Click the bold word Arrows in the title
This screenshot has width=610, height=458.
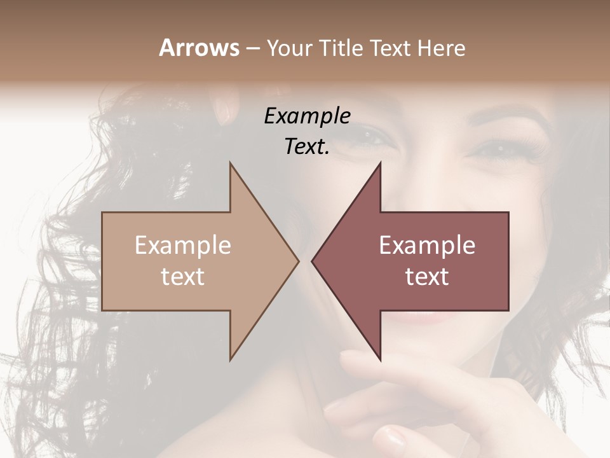click(199, 48)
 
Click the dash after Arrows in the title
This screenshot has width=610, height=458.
click(252, 49)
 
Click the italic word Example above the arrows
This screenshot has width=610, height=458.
click(307, 116)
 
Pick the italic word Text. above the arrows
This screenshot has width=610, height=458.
click(307, 147)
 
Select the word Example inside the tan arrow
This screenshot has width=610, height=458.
click(183, 246)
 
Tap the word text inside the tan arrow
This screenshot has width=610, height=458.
click(183, 277)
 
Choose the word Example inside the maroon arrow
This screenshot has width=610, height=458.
click(427, 246)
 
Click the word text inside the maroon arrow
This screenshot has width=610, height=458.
click(427, 277)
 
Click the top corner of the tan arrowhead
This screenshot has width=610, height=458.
click(231, 163)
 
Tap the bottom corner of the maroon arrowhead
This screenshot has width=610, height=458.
click(380, 359)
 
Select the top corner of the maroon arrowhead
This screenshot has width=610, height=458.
click(380, 163)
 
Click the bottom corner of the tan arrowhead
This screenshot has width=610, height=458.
click(231, 359)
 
